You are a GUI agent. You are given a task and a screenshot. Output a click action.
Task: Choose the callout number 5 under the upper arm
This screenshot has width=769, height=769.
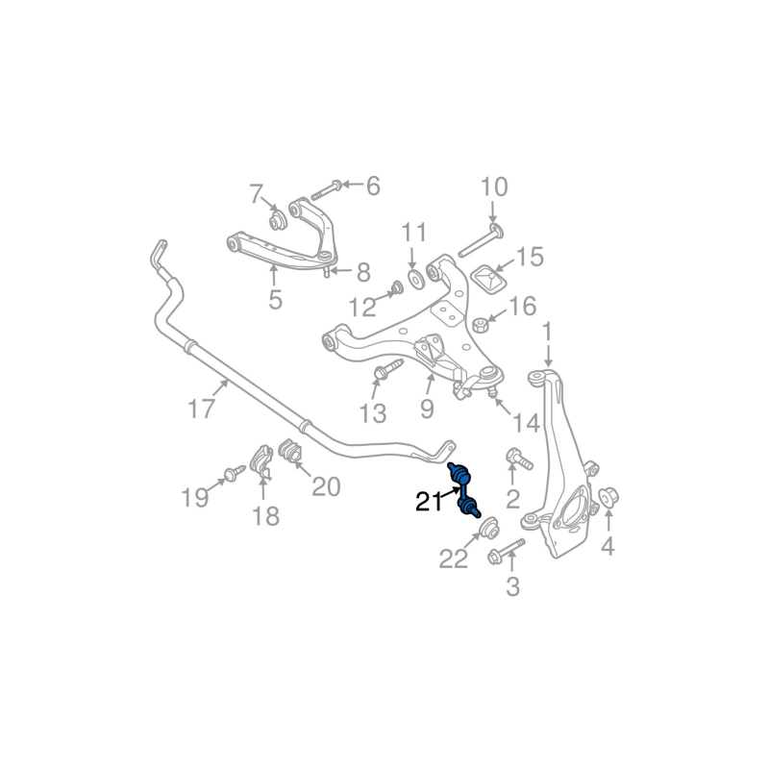(275, 300)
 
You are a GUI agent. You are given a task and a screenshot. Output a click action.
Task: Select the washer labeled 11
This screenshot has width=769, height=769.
(415, 279)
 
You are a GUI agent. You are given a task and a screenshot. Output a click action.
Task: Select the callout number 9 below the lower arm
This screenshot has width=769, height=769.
(427, 409)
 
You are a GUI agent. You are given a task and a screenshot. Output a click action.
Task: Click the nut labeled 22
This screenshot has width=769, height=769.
(487, 528)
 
